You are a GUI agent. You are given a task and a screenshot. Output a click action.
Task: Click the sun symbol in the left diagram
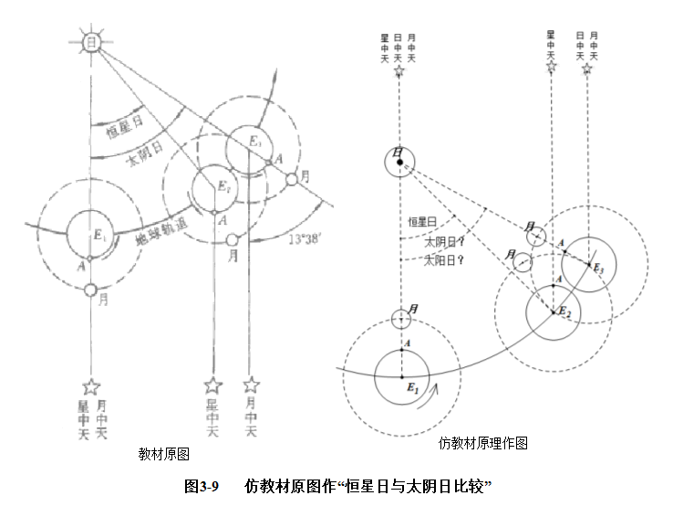[x=90, y=43]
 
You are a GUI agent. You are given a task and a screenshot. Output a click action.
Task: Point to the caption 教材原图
[x=163, y=453]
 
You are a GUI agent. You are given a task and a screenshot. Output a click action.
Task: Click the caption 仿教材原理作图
[x=483, y=444]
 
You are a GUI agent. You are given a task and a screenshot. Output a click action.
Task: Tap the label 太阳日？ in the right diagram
[x=444, y=259]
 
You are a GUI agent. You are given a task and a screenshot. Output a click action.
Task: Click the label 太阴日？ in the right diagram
[x=444, y=242]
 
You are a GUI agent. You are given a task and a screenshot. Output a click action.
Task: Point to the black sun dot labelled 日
[x=399, y=163]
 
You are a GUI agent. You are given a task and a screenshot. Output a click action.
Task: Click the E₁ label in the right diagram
[x=411, y=387]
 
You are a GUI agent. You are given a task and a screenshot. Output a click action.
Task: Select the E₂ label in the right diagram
[x=564, y=313]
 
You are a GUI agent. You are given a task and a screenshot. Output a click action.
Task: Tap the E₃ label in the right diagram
[x=598, y=269]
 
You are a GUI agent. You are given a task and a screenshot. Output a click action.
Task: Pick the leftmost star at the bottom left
[x=89, y=388]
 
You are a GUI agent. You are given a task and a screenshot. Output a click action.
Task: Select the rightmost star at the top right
[x=588, y=69]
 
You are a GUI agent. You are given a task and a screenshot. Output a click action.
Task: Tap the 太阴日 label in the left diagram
[x=144, y=152]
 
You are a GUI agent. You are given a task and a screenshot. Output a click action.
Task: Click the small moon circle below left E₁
[x=90, y=290]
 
